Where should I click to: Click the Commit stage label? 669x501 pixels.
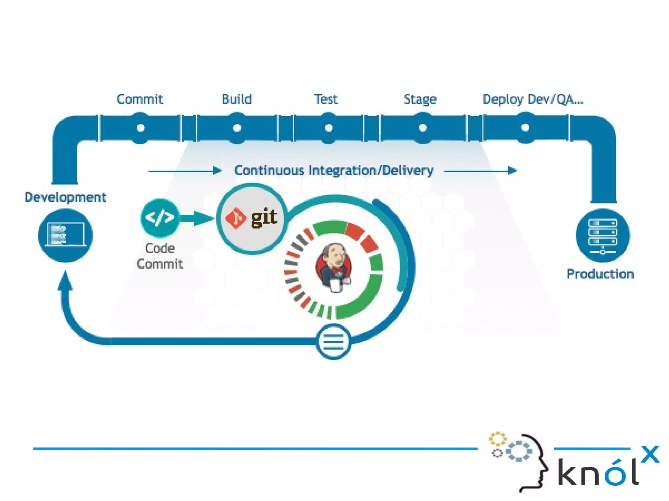tap(140, 99)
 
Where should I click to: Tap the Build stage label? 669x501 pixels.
tap(237, 99)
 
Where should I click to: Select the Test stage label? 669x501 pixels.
tap(326, 99)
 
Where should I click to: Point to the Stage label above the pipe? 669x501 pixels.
tap(420, 99)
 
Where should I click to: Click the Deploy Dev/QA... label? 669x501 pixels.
tap(533, 99)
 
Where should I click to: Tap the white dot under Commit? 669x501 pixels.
tap(140, 128)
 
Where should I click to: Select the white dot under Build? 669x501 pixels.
tap(237, 128)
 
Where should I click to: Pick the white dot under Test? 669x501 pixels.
tap(329, 128)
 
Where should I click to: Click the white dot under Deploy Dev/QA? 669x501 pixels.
tap(525, 128)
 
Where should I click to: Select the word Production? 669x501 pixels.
tap(600, 274)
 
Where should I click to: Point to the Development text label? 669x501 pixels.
tap(65, 197)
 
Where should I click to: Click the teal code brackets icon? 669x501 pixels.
tap(160, 218)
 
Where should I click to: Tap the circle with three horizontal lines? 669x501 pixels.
tap(333, 342)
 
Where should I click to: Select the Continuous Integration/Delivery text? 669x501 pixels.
tap(334, 170)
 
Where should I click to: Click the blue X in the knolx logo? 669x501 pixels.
tap(650, 454)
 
